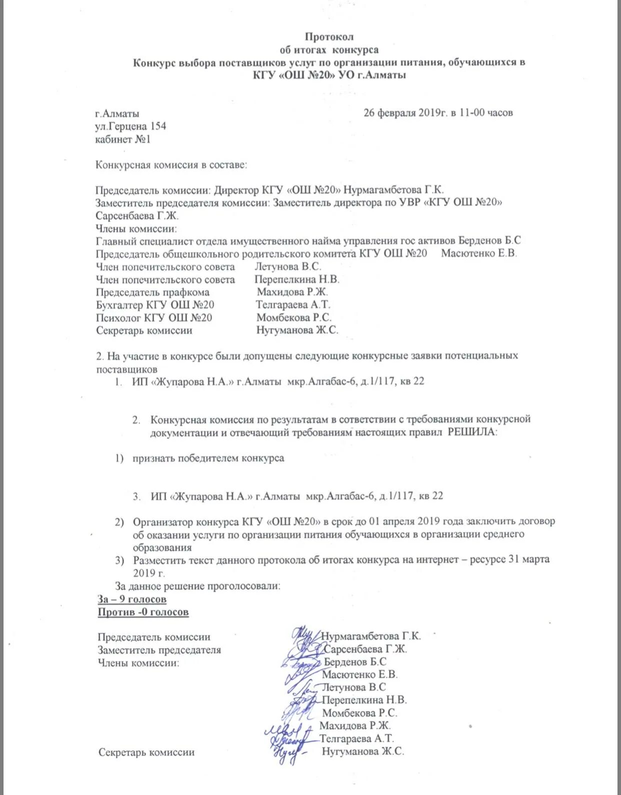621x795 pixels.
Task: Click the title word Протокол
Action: coord(329,37)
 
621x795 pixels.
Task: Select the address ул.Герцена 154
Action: coord(130,126)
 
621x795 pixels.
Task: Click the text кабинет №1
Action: coord(122,139)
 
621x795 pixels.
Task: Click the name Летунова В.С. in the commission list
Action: coord(287,267)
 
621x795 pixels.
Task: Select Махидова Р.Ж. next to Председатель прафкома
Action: coord(292,292)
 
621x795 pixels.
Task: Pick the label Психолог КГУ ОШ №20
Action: coord(154,318)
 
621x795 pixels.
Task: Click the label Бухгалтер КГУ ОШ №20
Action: coord(155,305)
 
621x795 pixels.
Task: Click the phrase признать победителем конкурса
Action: coord(208,458)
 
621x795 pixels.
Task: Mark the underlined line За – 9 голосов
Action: coord(132,599)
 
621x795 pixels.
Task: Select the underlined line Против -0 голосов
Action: coord(143,612)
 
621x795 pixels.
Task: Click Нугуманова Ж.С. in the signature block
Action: coord(362,751)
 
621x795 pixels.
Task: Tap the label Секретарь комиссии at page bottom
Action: coord(146,752)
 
